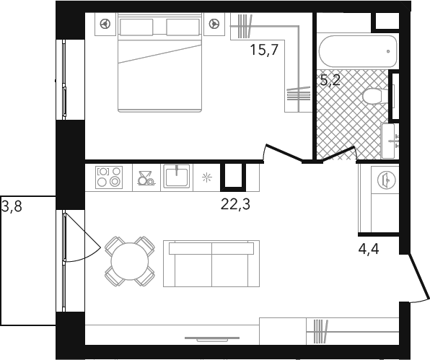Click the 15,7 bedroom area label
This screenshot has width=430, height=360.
pyautogui.click(x=264, y=50)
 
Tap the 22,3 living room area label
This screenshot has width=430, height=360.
pyautogui.click(x=235, y=204)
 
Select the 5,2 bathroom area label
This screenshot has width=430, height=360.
pyautogui.click(x=330, y=80)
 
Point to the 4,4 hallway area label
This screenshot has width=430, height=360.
pyautogui.click(x=369, y=249)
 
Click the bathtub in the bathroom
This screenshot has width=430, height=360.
pyautogui.click(x=359, y=51)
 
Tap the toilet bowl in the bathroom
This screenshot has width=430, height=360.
pyautogui.click(x=373, y=96)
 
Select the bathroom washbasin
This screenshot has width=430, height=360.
pyautogui.click(x=389, y=141)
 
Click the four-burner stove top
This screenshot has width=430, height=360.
pyautogui.click(x=109, y=177)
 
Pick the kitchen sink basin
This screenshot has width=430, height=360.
pyautogui.click(x=177, y=177)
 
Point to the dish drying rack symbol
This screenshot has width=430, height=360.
pyautogui.click(x=146, y=178)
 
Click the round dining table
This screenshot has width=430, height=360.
pyautogui.click(x=129, y=261)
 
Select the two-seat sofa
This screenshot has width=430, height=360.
pyautogui.click(x=211, y=264)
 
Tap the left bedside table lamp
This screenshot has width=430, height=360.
pyautogui.click(x=105, y=24)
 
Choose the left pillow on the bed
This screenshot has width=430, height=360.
pyautogui.click(x=136, y=27)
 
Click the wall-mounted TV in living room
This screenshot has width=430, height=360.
pyautogui.click(x=212, y=339)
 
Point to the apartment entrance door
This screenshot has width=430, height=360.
pyautogui.click(x=418, y=277)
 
